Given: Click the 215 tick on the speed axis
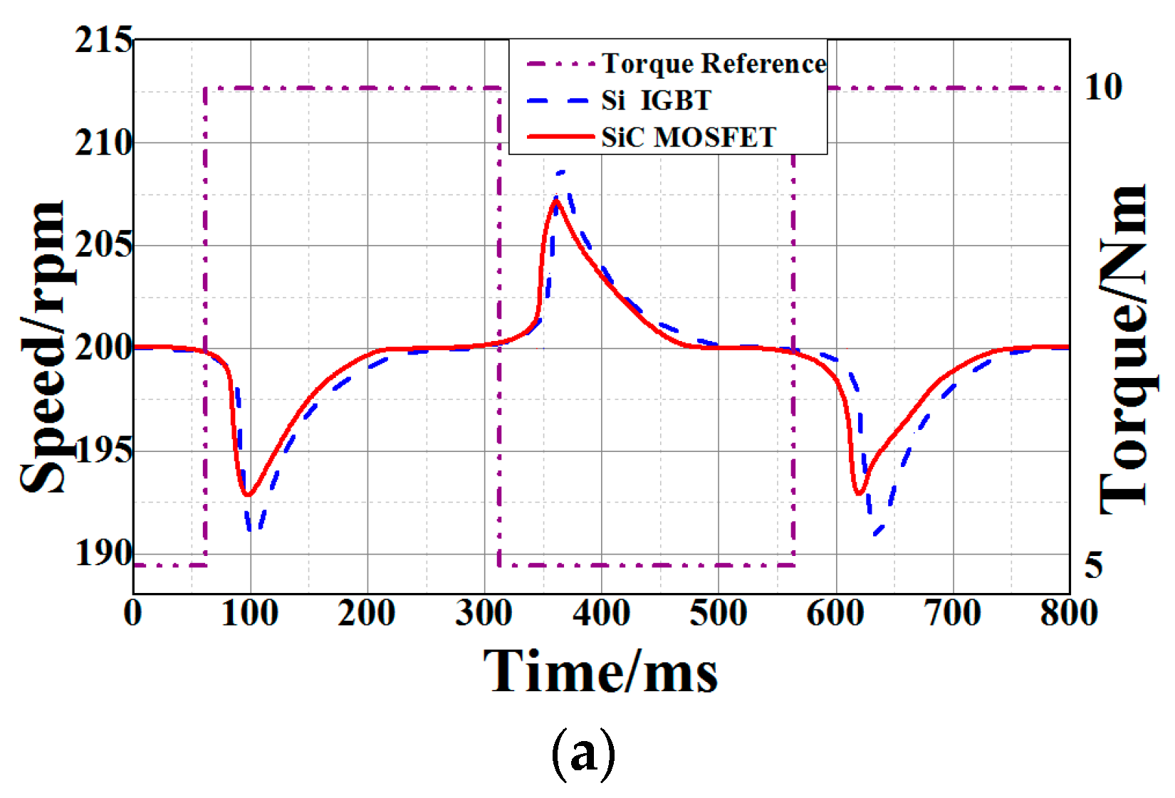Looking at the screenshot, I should click(x=103, y=40).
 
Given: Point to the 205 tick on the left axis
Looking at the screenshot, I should click(x=103, y=246).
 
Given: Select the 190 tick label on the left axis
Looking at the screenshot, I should click(x=103, y=553).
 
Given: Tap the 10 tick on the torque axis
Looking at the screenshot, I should click(x=1103, y=88).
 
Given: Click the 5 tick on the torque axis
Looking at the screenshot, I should click(x=1094, y=565).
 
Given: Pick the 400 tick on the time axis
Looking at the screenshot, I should click(x=601, y=614).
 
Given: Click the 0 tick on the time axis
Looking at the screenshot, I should click(x=133, y=614).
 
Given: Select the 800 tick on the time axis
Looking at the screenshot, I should click(x=1068, y=614).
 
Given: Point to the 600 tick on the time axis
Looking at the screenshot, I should click(x=835, y=614).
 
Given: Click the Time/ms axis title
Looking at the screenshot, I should click(x=601, y=671).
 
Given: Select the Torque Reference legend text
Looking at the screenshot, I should click(x=714, y=64).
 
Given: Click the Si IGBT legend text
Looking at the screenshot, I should click(x=656, y=100).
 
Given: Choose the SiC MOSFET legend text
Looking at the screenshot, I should click(x=689, y=137).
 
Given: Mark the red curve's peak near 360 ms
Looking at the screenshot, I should click(x=556, y=201).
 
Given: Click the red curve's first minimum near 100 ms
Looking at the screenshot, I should click(x=247, y=494).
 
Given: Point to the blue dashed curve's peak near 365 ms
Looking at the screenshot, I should click(x=561, y=172).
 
